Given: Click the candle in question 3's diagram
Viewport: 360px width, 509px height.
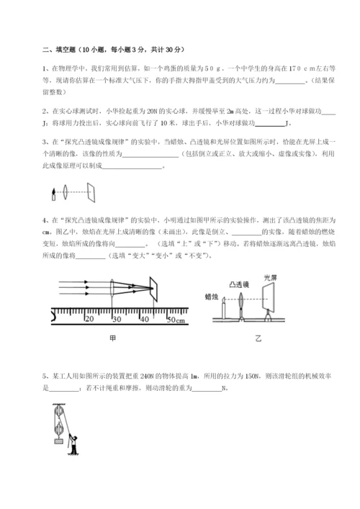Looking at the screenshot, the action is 54,192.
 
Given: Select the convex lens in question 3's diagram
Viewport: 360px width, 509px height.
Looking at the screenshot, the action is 66,192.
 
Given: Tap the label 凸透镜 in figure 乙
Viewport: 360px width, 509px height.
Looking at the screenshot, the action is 240,284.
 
